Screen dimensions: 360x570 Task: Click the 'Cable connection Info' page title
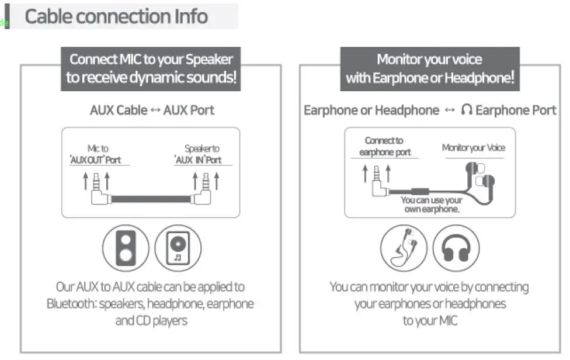pyautogui.click(x=116, y=16)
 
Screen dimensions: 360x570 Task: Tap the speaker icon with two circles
pyautogui.click(x=126, y=248)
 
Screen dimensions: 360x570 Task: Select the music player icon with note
pyautogui.click(x=178, y=248)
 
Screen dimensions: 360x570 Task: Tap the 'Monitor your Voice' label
pyautogui.click(x=473, y=148)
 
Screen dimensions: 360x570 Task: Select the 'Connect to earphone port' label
pyautogui.click(x=384, y=147)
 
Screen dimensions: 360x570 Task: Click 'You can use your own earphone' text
pyautogui.click(x=432, y=205)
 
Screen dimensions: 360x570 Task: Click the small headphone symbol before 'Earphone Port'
pyautogui.click(x=466, y=110)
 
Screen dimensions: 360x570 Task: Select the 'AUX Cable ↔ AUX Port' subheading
pyautogui.click(x=152, y=110)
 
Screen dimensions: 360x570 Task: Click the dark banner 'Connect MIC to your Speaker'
pyautogui.click(x=151, y=68)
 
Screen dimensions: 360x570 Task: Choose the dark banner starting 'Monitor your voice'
pyautogui.click(x=429, y=68)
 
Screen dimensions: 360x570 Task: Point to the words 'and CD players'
pyautogui.click(x=150, y=321)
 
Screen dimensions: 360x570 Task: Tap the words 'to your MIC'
pyautogui.click(x=429, y=321)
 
